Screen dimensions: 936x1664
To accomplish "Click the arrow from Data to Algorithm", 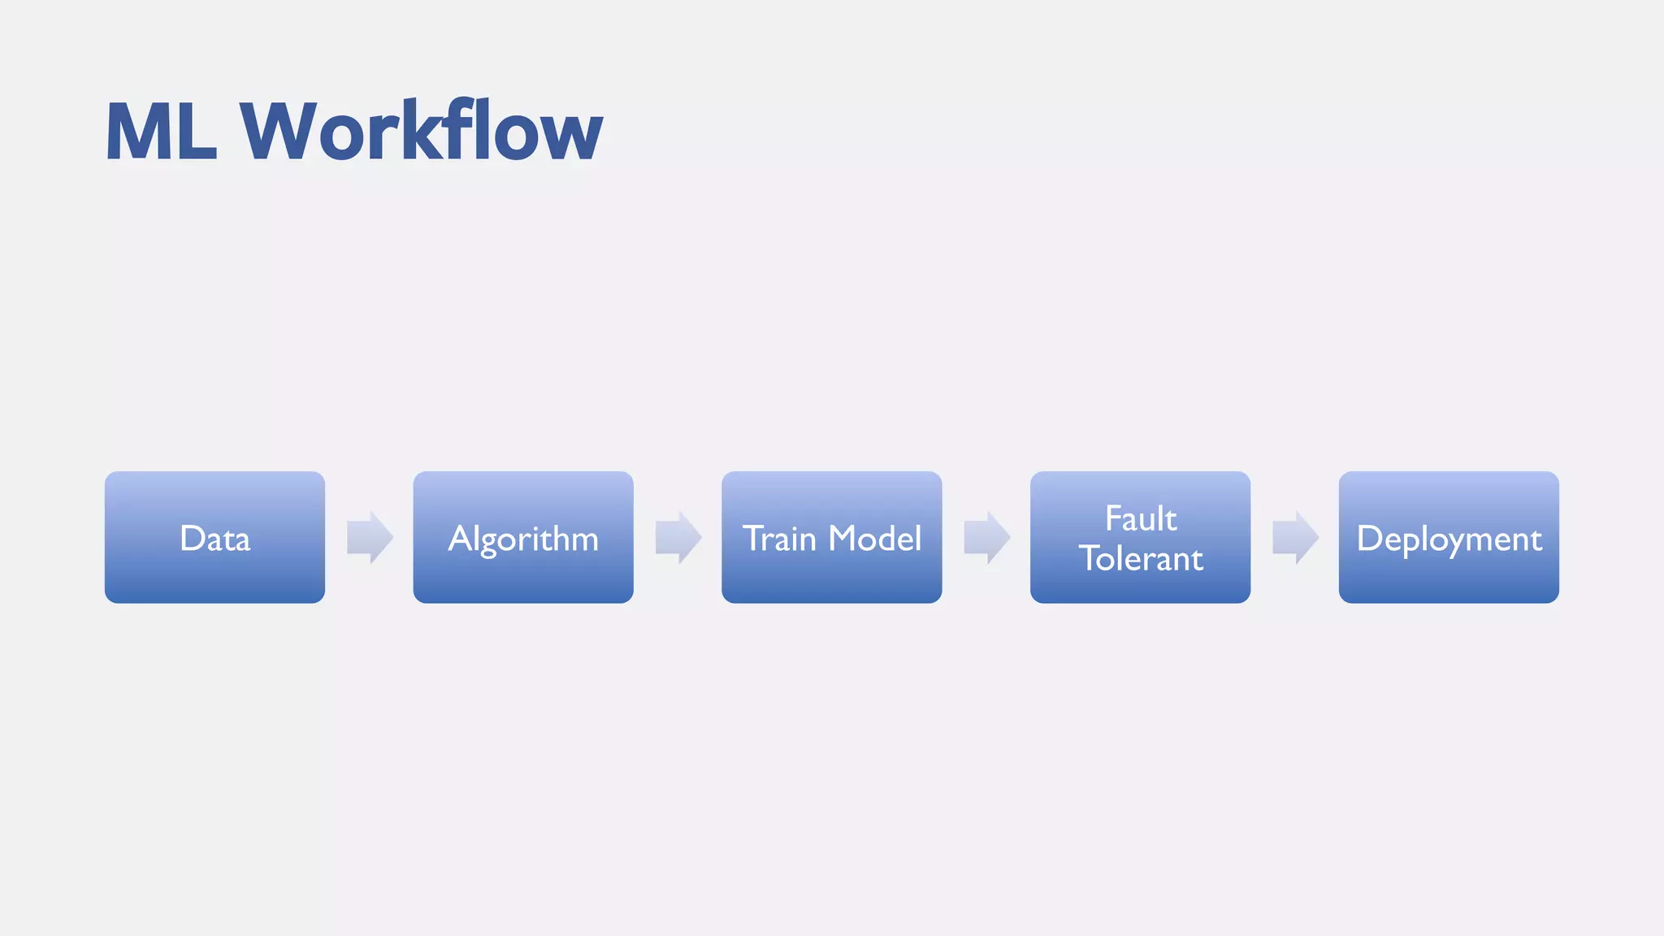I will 370,537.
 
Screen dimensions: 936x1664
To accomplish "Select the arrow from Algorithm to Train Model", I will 678,537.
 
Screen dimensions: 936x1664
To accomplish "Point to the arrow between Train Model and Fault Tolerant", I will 987,537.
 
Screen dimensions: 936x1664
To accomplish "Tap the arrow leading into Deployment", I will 1295,537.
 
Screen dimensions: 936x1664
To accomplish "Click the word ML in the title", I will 162,132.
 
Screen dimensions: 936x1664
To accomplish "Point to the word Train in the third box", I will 779,539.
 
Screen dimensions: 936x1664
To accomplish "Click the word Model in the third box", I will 876,539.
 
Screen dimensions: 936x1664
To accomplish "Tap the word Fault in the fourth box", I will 1140,518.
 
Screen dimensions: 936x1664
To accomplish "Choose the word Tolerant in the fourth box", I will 1140,559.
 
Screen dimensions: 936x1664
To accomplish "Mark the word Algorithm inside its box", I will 523,539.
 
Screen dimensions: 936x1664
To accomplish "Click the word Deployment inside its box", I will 1449,539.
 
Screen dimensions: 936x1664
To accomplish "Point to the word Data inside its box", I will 214,539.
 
